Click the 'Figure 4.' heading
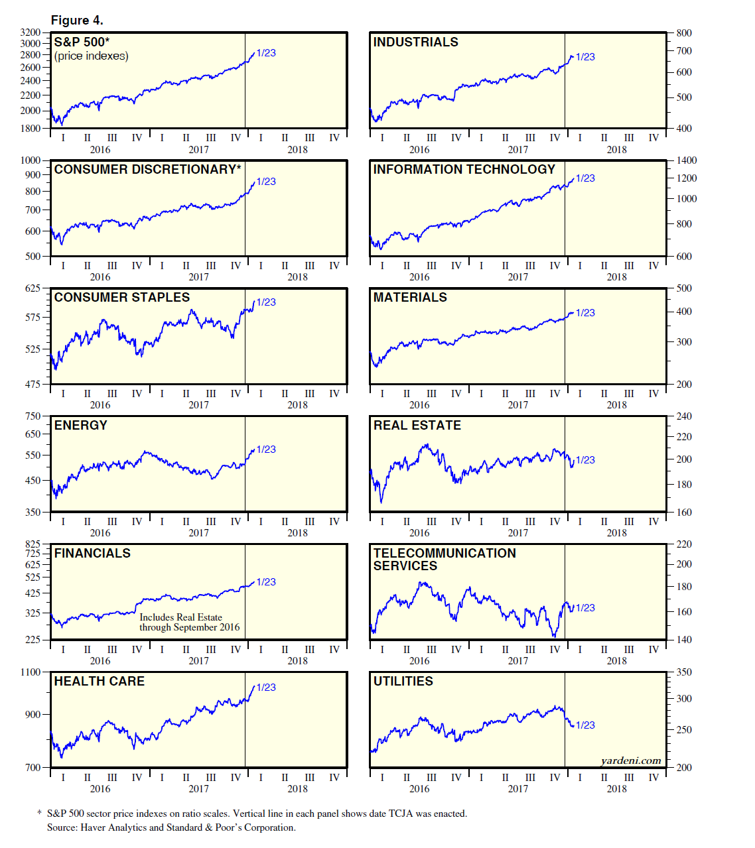pyautogui.click(x=77, y=20)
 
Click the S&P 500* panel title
pyautogui.click(x=82, y=42)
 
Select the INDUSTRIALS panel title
pyautogui.click(x=415, y=42)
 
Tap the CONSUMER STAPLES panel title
pyautogui.click(x=122, y=297)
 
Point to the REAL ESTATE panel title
pyautogui.click(x=417, y=425)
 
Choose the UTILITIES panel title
pyautogui.click(x=403, y=681)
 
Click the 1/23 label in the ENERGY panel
pyautogui.click(x=266, y=449)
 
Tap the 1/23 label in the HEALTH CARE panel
pyautogui.click(x=266, y=687)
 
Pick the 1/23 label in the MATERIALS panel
pyautogui.click(x=585, y=312)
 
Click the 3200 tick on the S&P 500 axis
pyautogui.click(x=31, y=32)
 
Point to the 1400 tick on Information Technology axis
pyautogui.click(x=687, y=160)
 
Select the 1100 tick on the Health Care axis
pyautogui.click(x=31, y=672)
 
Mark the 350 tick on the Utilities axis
pyautogui.click(x=684, y=672)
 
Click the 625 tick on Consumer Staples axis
pyautogui.click(x=33, y=288)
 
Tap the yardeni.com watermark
pyautogui.click(x=630, y=760)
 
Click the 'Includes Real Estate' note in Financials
pyautogui.click(x=180, y=617)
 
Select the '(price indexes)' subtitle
pyautogui.click(x=92, y=56)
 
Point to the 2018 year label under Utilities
pyautogui.click(x=616, y=788)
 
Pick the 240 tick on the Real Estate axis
pyautogui.click(x=684, y=416)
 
